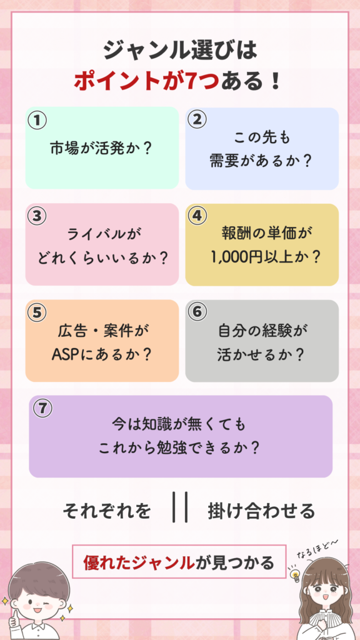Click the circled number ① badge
pos(37,121)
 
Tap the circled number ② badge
pos(197,119)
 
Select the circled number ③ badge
pos(37,216)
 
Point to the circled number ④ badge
pos(197,216)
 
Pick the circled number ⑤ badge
pos(37,312)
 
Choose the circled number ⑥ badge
pos(197,311)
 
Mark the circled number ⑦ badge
pos(42,409)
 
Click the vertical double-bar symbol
pos(180,507)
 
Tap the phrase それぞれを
pos(106,511)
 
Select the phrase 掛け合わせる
pos(262,511)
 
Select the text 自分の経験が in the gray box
pos(262,331)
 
